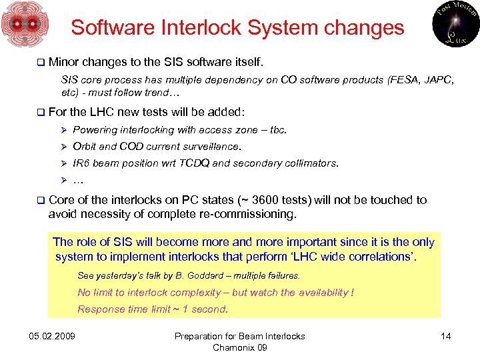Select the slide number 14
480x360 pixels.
pyautogui.click(x=446, y=336)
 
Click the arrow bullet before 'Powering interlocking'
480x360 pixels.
pyautogui.click(x=65, y=130)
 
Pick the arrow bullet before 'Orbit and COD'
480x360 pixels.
pyautogui.click(x=65, y=147)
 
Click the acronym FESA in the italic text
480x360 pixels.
pyautogui.click(x=403, y=81)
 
